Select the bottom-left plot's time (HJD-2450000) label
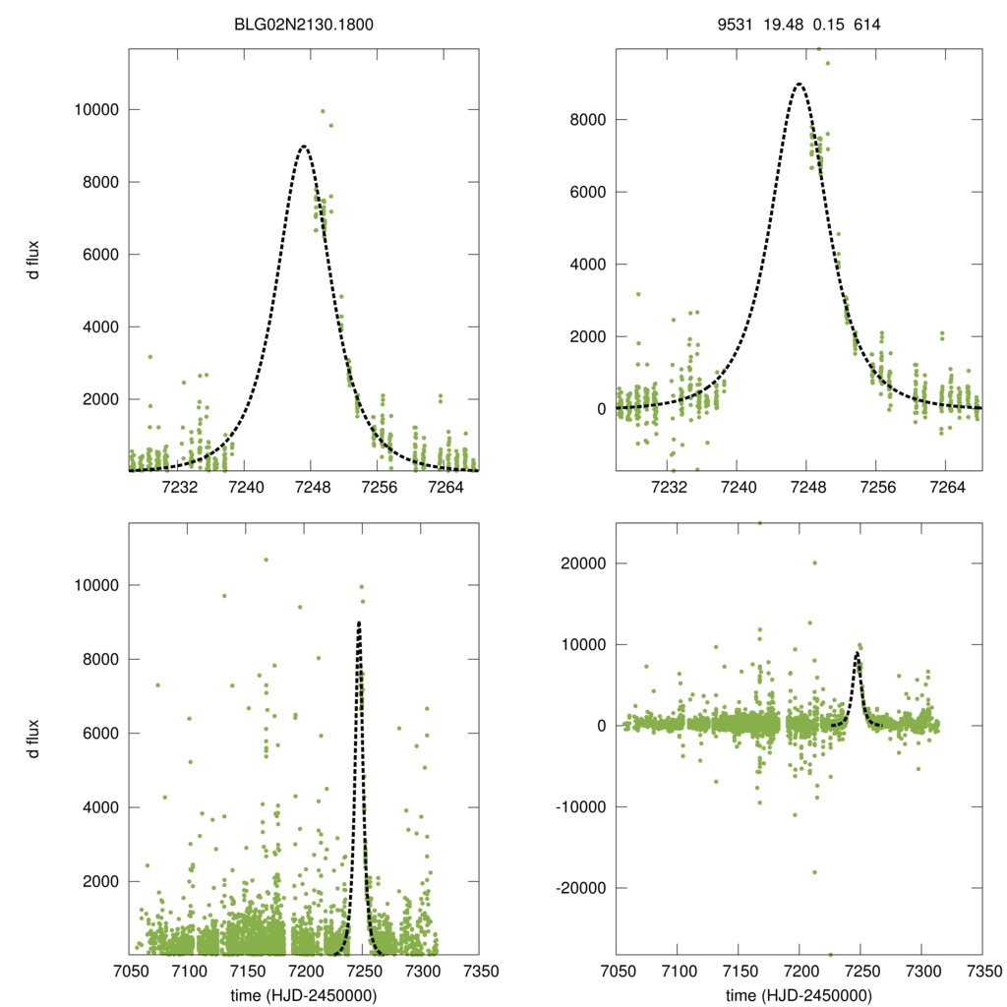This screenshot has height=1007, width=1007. pos(304,995)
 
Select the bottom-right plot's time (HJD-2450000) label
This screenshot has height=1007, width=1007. pos(799,995)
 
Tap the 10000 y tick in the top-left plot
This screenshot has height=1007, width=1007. pos(95,109)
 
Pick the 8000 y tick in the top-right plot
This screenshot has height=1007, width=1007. pos(586,120)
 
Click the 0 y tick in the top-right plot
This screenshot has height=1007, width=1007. pos(601,408)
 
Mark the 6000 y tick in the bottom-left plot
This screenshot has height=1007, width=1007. pos(99,733)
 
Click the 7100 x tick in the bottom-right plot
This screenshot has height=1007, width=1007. pos(678,971)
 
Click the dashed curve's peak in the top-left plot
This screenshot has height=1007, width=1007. pos(304,147)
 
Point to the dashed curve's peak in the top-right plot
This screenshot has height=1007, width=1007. pos(799,84)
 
